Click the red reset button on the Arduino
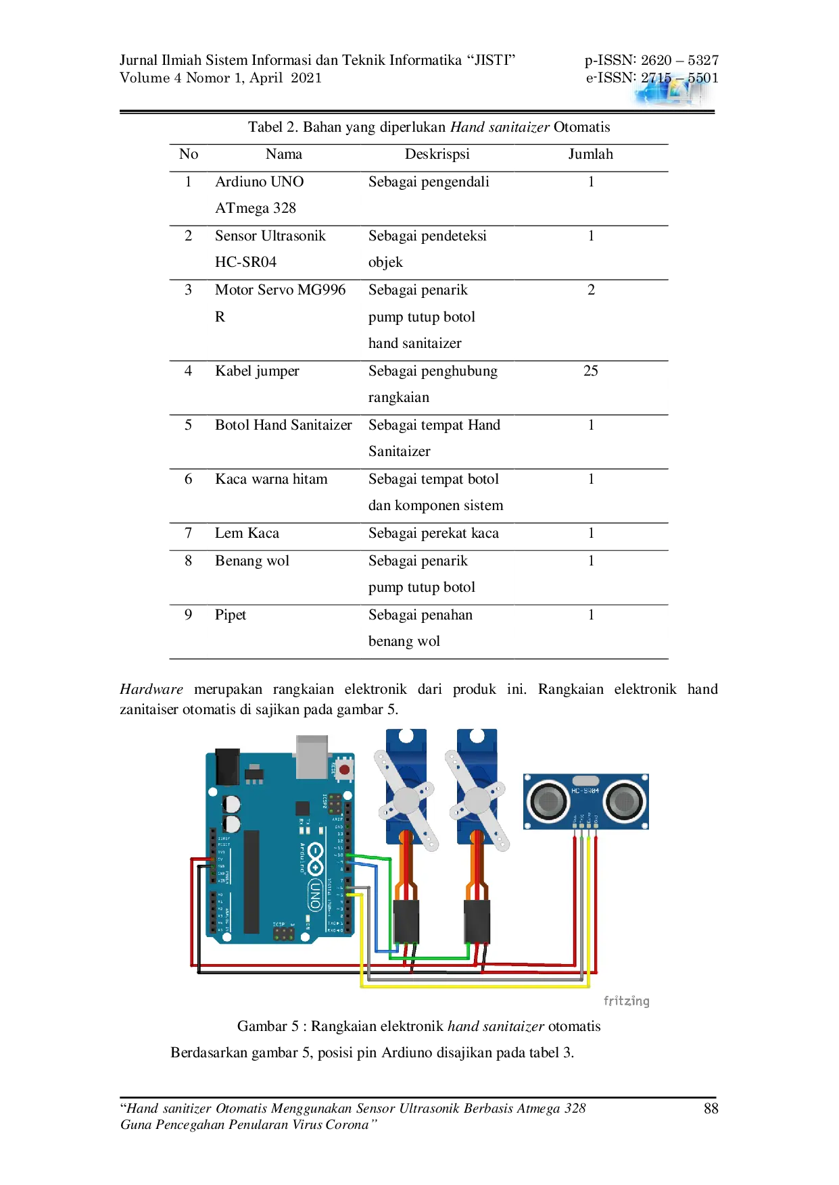pos(344,770)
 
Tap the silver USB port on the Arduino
pos(312,755)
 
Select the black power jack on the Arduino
pos(227,766)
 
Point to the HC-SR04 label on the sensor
pos(585,790)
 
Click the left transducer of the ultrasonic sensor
pos(548,801)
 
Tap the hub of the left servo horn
pos(406,801)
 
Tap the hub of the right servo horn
pos(477,801)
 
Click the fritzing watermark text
pos(625,1001)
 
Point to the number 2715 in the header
pos(656,78)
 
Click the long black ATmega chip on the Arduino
pos(251,882)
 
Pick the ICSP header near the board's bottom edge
pos(284,934)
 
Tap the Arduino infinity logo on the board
pos(316,858)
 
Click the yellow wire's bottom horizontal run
pos(473,986)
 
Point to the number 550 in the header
pos(699,78)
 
